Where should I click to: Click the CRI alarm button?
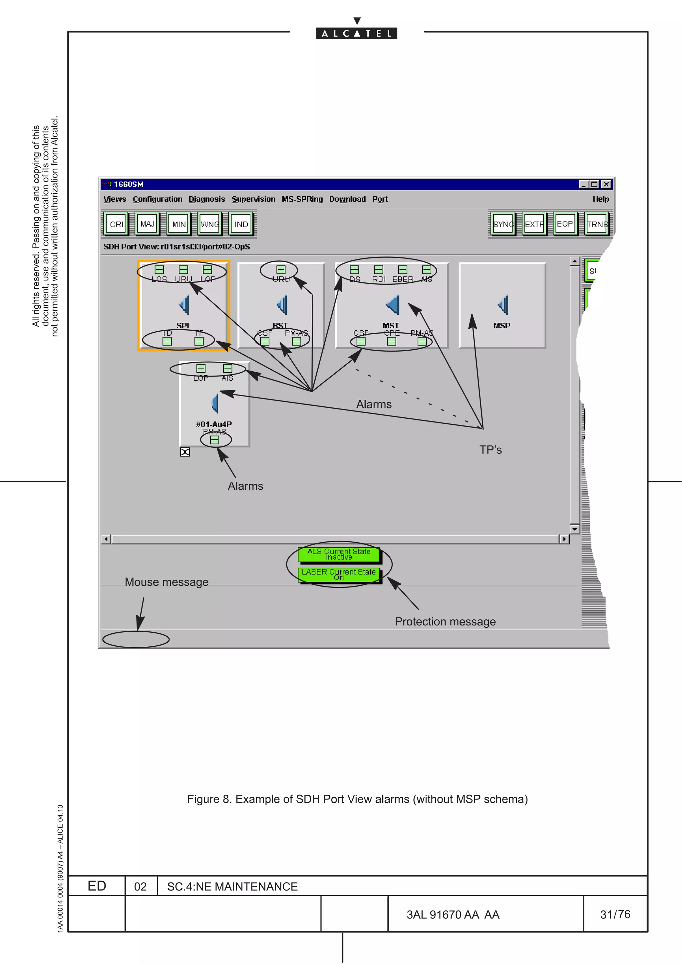[x=117, y=224]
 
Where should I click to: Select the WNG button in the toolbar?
[x=210, y=224]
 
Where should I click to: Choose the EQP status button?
[x=565, y=224]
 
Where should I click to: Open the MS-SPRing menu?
[x=302, y=199]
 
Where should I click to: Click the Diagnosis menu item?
[x=207, y=199]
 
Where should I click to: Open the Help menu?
[x=600, y=199]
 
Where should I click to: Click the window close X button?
[x=606, y=184]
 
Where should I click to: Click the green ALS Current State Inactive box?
[x=339, y=554]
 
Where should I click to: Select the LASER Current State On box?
[x=339, y=574]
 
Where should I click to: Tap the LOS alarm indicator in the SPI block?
[x=159, y=269]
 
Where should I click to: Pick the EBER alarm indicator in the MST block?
[x=403, y=269]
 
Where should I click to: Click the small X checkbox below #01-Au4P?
[x=185, y=452]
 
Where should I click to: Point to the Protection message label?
[x=445, y=621]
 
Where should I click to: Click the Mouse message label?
[x=167, y=582]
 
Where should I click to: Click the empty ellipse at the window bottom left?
[x=136, y=639]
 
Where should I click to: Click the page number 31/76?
[x=615, y=914]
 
